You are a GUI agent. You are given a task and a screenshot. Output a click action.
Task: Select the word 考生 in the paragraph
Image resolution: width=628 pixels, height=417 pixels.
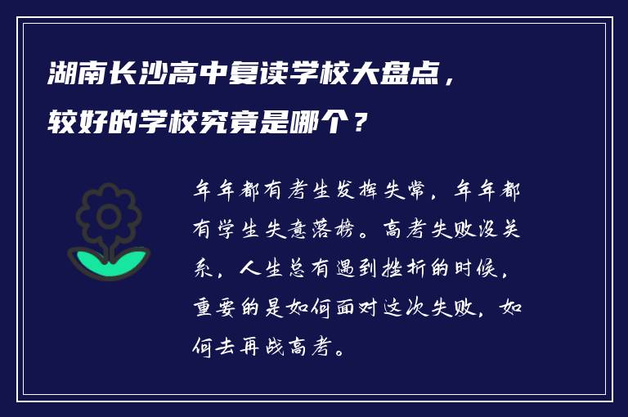303,192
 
